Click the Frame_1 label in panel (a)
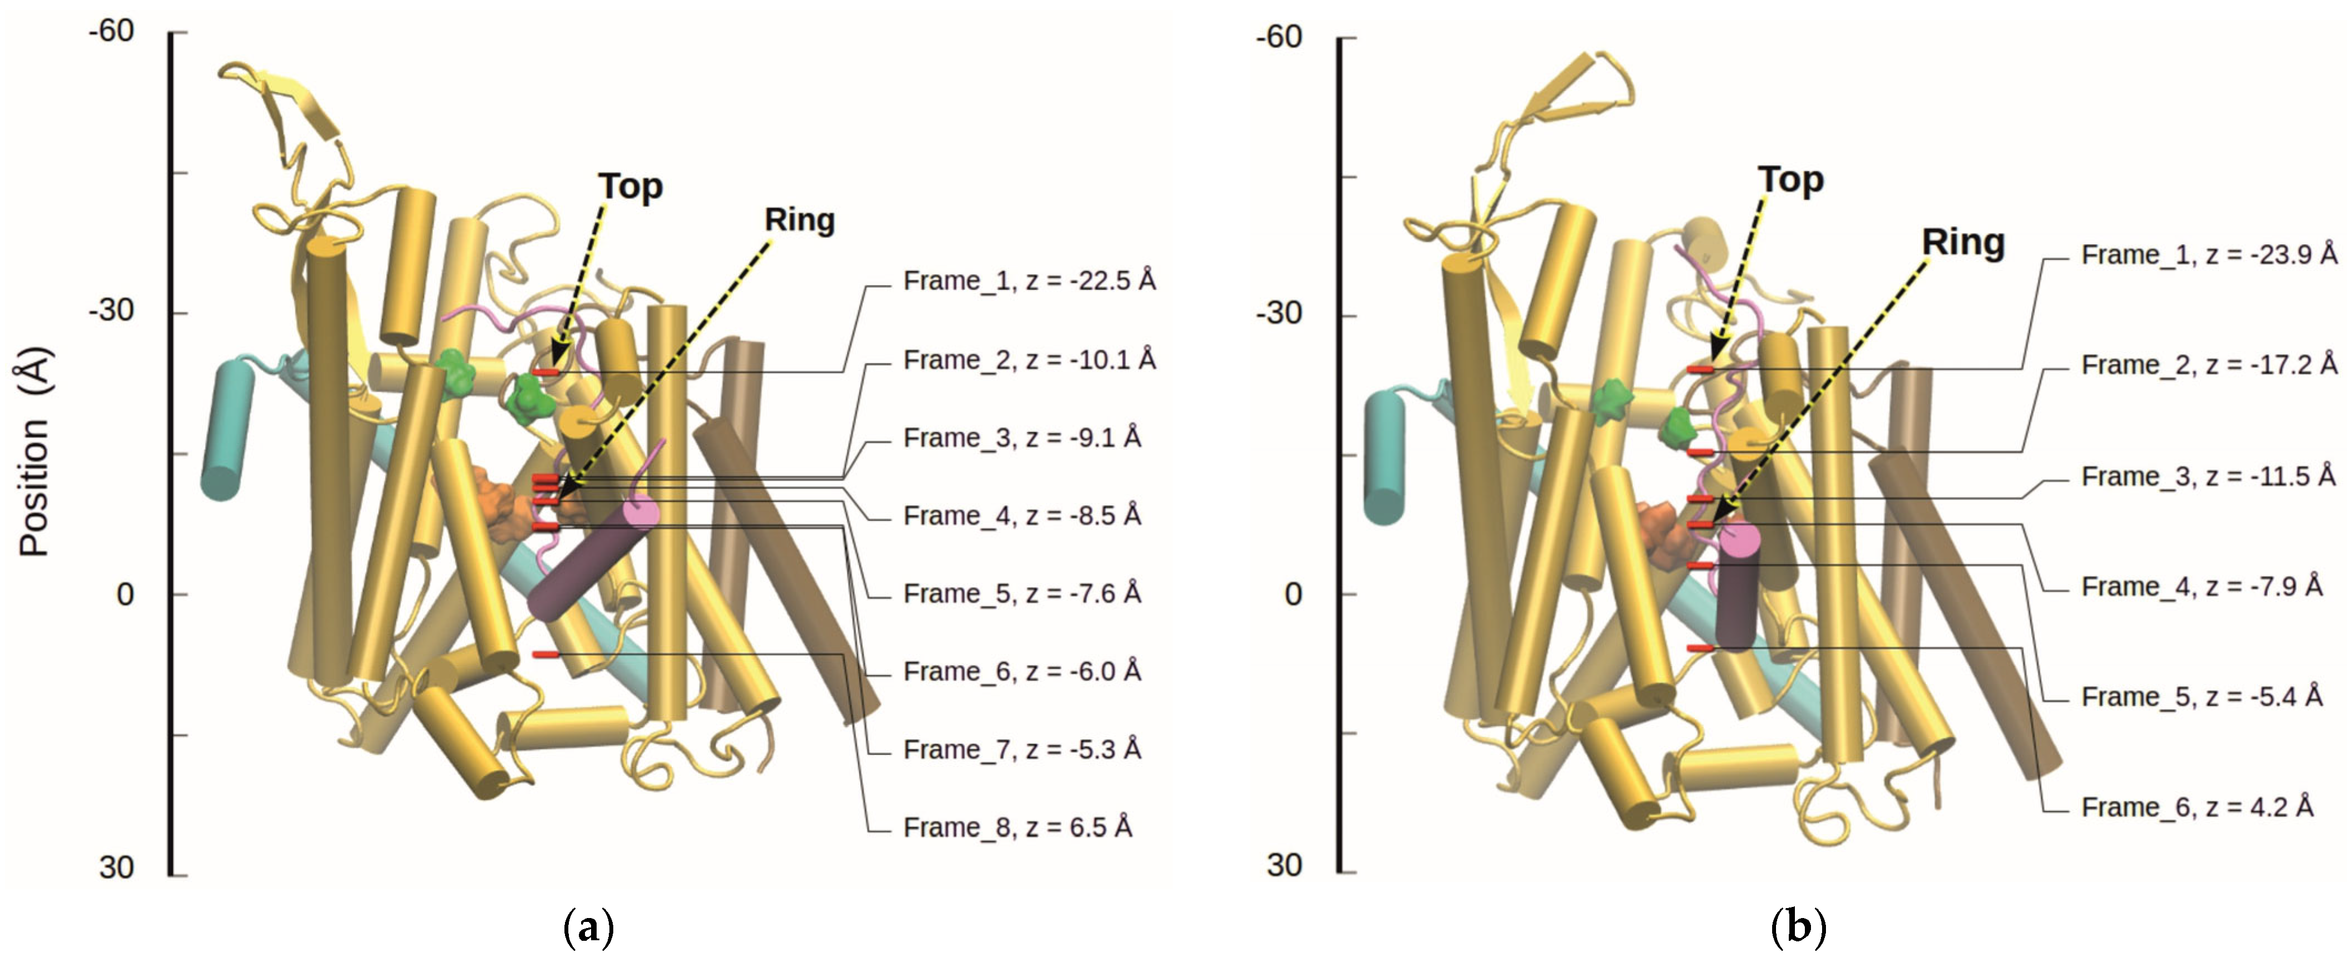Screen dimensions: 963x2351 pos(1028,280)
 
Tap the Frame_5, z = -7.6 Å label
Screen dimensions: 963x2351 pos(1021,593)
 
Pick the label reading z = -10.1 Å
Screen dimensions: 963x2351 pos(1028,360)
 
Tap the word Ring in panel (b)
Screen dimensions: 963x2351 pos(1963,242)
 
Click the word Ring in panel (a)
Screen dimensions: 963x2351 pos(800,220)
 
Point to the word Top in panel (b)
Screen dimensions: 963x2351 pos(1790,180)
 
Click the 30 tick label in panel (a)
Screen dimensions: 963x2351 pos(116,866)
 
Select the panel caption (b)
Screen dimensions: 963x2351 pos(1797,927)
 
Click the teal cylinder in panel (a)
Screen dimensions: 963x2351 pos(225,429)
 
